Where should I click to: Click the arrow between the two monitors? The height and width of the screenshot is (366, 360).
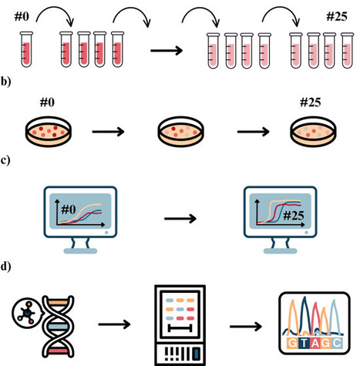[x=181, y=219]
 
